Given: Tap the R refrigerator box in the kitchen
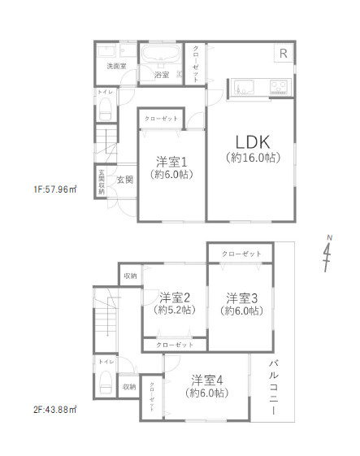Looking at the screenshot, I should tap(283, 54).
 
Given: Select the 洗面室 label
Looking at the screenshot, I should tap(117, 66).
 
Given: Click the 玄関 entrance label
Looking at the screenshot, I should tap(124, 179).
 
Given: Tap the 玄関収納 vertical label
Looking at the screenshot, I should tap(102, 181).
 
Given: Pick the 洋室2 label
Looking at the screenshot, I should tap(175, 297).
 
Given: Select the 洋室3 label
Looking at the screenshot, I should tap(242, 297).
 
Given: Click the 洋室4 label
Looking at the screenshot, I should tap(208, 380).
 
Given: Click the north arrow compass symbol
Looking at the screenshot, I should tap(327, 254).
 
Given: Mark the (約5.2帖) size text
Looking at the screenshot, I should tap(174, 311).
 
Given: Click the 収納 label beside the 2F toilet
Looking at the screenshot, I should tap(130, 386).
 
